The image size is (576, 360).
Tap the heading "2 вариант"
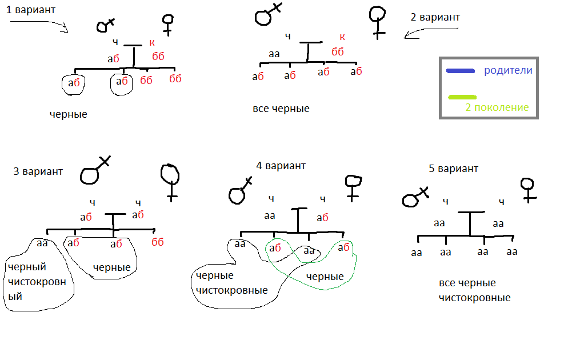(x=435, y=17)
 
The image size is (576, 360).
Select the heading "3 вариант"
(x=38, y=171)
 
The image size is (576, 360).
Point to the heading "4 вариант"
(x=281, y=166)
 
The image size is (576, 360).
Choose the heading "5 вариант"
(x=453, y=169)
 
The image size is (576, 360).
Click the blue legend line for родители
(x=460, y=71)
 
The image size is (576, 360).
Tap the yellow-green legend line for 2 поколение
(x=463, y=98)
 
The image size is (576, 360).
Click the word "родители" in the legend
(x=508, y=71)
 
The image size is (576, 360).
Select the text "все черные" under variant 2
(x=281, y=109)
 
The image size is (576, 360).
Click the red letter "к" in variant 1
(x=152, y=42)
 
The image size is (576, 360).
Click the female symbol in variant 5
(x=529, y=189)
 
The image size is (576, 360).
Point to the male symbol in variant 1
(x=105, y=25)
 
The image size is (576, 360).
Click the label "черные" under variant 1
(x=68, y=114)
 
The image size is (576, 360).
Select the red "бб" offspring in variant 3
(x=158, y=242)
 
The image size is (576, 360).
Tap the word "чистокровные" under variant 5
(x=474, y=298)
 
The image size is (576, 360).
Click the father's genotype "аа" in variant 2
(x=274, y=54)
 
